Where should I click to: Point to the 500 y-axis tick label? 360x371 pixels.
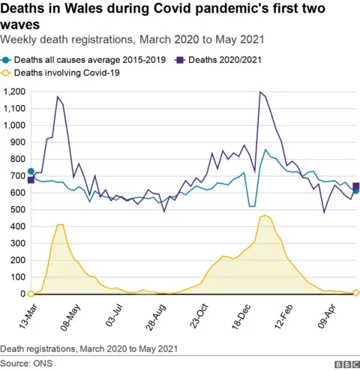click(x=17, y=210)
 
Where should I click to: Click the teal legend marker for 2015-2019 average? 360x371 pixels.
click(x=7, y=58)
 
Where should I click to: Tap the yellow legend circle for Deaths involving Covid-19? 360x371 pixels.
click(x=7, y=73)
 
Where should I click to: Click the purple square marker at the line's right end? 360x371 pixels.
click(x=356, y=186)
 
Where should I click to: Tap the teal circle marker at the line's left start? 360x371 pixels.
click(x=31, y=172)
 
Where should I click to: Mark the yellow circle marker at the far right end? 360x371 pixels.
click(x=356, y=293)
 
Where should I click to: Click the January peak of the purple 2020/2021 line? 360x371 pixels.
click(x=259, y=92)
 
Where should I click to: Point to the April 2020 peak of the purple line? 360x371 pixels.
click(x=57, y=97)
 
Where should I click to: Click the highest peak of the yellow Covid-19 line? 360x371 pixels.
click(x=265, y=216)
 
